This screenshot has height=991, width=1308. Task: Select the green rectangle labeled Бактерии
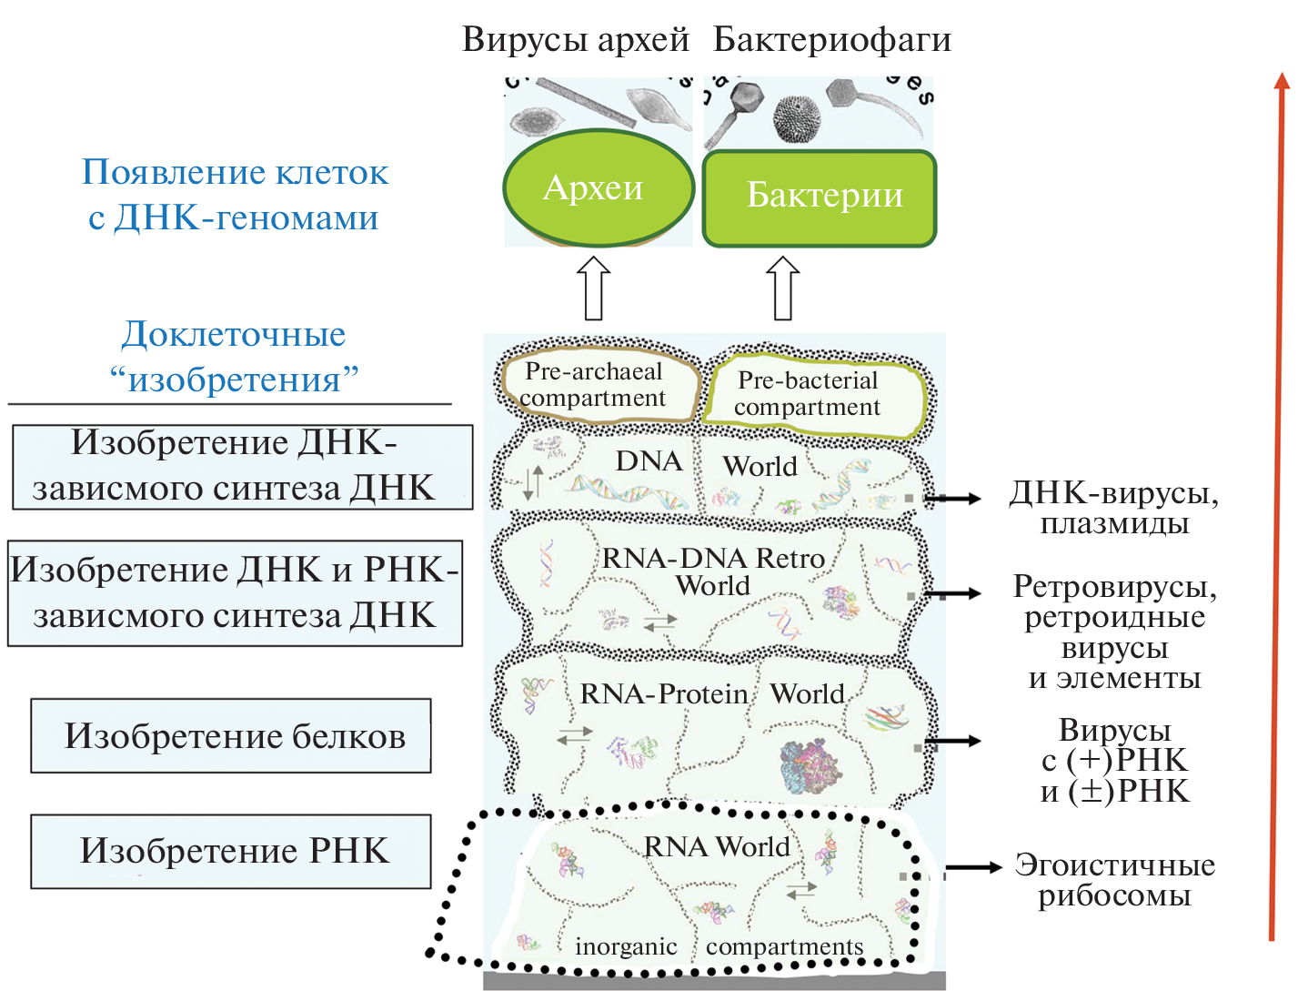pyautogui.click(x=820, y=197)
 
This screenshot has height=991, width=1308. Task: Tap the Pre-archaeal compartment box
pyautogui.click(x=597, y=386)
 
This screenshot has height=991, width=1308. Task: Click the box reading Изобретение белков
pyautogui.click(x=231, y=735)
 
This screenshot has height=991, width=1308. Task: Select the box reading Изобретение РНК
pyautogui.click(x=231, y=851)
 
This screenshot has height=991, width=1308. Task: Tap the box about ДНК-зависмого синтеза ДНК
pyautogui.click(x=242, y=466)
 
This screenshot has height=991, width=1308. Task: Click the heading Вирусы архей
pyautogui.click(x=575, y=39)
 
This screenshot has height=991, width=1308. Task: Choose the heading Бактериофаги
pyautogui.click(x=832, y=39)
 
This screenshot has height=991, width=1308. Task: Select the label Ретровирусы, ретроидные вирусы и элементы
pyautogui.click(x=1115, y=632)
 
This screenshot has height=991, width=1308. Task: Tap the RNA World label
pyautogui.click(x=717, y=847)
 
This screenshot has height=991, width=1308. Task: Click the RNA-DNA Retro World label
pyautogui.click(x=713, y=571)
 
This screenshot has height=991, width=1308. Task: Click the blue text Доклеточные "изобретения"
pyautogui.click(x=234, y=356)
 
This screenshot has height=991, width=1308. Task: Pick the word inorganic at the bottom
pyautogui.click(x=626, y=947)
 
